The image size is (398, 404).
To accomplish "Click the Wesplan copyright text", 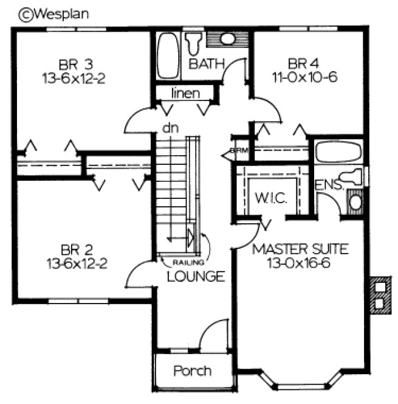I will (53, 14).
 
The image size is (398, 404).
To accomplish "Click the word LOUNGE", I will (196, 276).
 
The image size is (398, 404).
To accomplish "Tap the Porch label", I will (192, 371).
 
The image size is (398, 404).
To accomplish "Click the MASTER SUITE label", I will (300, 249).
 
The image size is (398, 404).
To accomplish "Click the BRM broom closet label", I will (236, 151).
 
